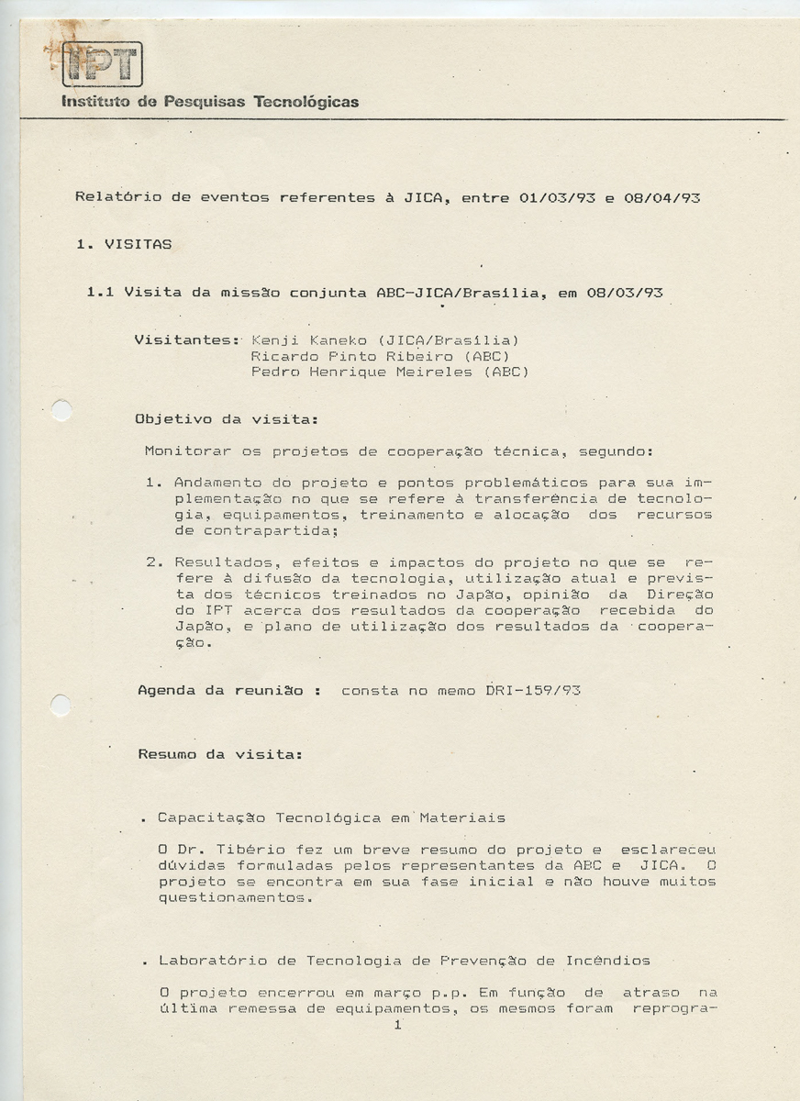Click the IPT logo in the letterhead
[x=103, y=64]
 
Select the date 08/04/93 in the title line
[x=662, y=197]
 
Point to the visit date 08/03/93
[x=625, y=294]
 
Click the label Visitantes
[x=186, y=340]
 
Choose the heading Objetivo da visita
[x=226, y=419]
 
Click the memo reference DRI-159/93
[x=532, y=691]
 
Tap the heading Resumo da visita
[x=219, y=754]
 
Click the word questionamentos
[x=234, y=898]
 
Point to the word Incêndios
[x=610, y=961]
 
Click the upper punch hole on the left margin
[x=61, y=410]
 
